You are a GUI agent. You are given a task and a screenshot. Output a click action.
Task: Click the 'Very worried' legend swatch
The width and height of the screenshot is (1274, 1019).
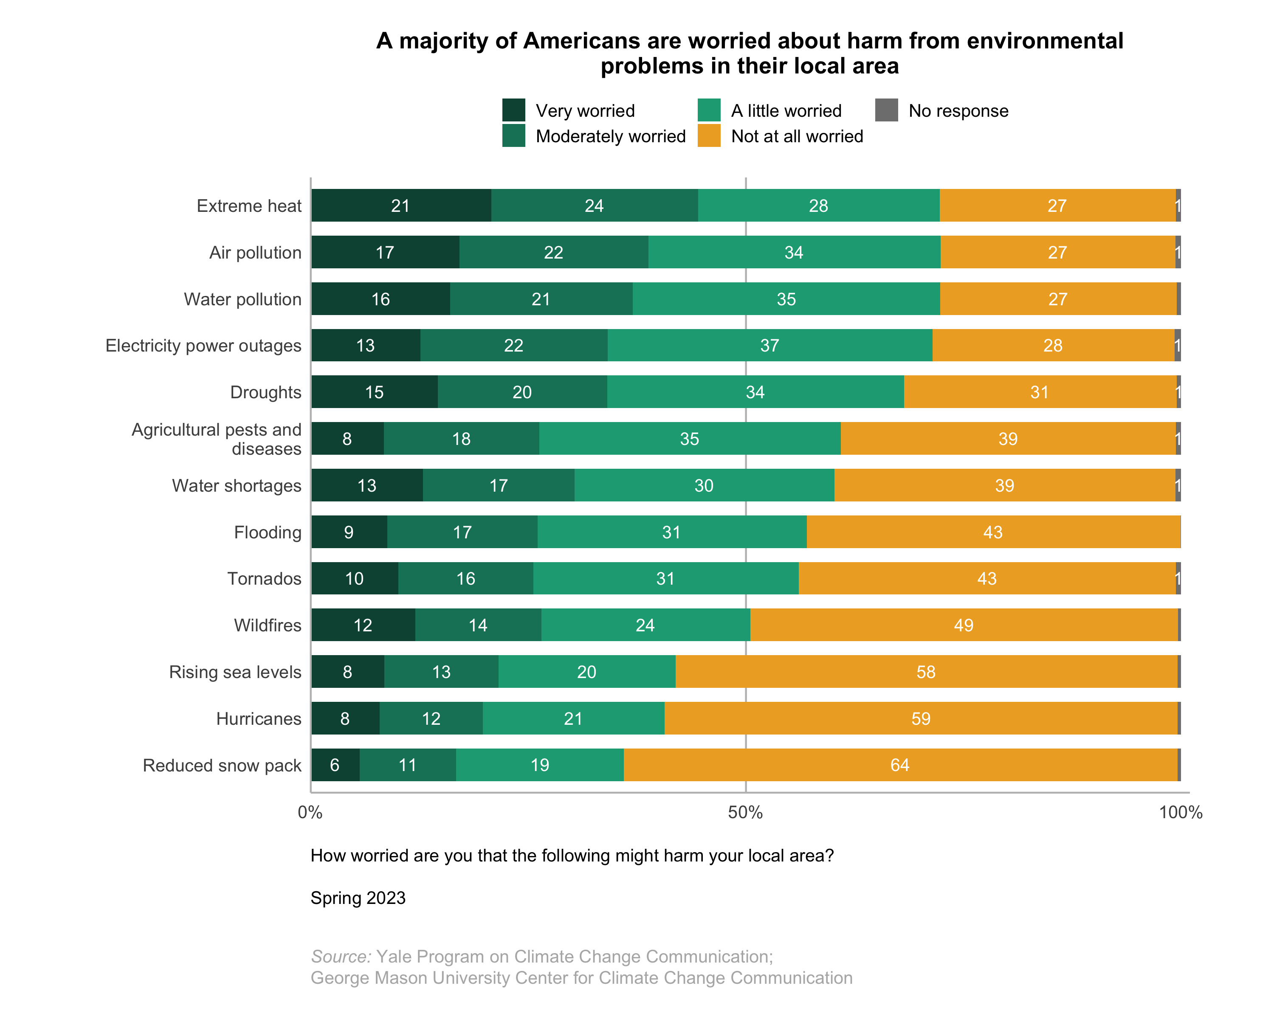513,110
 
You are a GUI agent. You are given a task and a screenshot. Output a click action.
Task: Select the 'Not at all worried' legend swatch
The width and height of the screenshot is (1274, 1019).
708,136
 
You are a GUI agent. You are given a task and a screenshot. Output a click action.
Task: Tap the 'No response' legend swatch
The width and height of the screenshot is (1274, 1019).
886,110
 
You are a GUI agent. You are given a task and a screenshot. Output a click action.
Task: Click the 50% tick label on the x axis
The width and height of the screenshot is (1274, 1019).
745,813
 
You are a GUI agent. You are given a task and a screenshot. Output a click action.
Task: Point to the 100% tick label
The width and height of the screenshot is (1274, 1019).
1180,813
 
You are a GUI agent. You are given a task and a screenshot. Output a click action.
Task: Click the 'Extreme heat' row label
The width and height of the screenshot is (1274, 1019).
249,206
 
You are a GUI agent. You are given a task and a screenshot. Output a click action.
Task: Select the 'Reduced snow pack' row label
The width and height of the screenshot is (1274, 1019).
222,766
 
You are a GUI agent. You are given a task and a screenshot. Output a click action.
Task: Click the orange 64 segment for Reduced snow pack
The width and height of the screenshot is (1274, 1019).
900,766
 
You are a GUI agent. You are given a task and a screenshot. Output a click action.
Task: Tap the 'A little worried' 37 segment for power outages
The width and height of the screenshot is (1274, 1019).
769,346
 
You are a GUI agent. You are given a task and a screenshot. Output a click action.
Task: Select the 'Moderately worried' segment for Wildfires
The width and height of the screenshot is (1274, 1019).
478,625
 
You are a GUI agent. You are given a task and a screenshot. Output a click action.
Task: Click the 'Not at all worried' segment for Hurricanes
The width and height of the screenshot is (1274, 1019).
921,719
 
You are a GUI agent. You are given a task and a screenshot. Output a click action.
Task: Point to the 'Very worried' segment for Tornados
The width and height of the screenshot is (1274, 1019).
355,579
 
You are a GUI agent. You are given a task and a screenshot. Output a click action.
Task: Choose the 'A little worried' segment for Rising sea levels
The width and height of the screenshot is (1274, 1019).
587,672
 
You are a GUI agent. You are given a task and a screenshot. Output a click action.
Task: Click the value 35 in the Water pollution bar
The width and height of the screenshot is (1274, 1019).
786,299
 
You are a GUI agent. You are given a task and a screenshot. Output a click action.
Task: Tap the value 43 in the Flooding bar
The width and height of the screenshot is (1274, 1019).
993,533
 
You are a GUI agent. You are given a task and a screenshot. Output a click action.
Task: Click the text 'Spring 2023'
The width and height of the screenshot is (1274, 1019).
358,898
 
